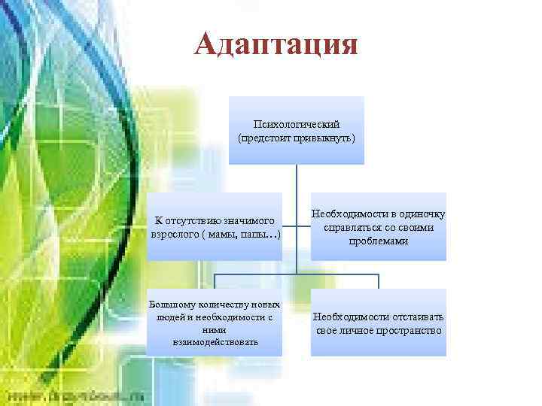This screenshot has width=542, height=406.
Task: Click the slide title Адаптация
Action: (x=275, y=44)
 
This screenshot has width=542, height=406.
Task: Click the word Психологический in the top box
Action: (x=297, y=124)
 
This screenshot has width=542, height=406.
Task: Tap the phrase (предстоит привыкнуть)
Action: (x=297, y=138)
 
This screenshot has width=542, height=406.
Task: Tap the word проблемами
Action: (x=379, y=241)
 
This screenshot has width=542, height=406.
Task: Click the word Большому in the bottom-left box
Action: (x=171, y=304)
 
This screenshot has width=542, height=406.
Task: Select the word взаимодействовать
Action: (x=204, y=342)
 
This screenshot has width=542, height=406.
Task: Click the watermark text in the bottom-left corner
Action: (x=75, y=396)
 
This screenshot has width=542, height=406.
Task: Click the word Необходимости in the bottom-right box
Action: (x=352, y=317)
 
